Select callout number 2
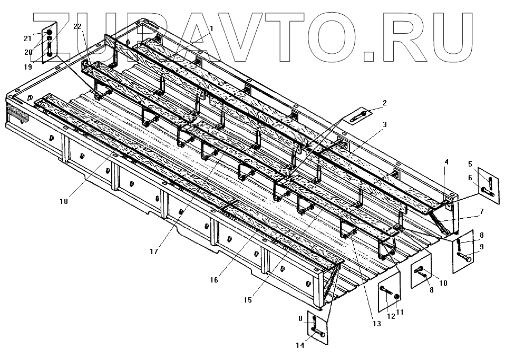385,103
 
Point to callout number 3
385,124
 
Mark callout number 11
400,312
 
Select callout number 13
376,324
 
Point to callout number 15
248,300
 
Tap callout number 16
213,280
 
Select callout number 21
28,37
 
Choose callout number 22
77,26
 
